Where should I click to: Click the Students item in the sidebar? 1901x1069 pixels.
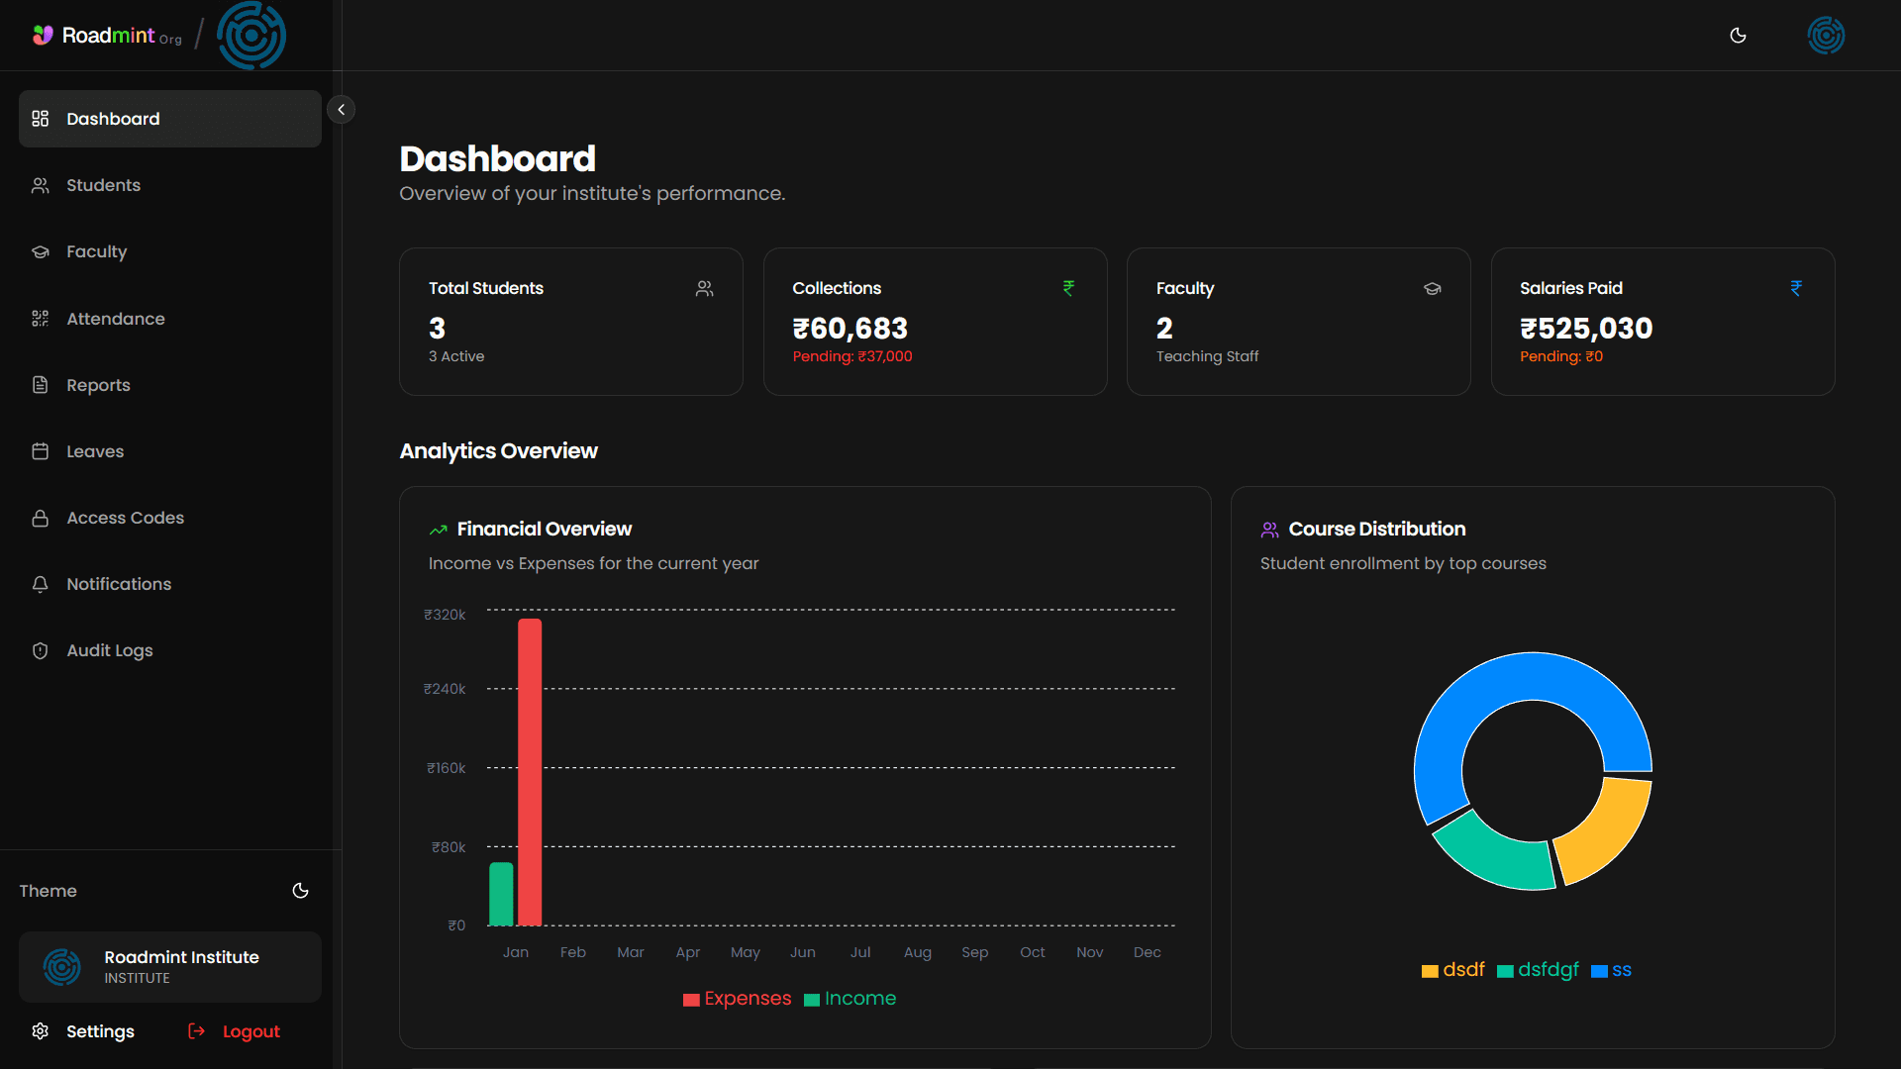(103, 185)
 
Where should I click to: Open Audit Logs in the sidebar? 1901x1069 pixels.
(109, 650)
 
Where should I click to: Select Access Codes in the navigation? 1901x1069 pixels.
(125, 518)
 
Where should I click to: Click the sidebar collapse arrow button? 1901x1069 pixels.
(341, 110)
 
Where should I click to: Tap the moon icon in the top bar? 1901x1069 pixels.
(1738, 36)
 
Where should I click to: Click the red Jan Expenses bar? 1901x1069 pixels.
(530, 772)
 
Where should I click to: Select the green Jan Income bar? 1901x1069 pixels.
(501, 894)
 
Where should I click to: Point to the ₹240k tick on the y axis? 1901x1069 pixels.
(445, 689)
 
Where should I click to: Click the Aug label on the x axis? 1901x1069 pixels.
(917, 952)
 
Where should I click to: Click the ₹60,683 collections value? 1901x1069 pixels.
(850, 329)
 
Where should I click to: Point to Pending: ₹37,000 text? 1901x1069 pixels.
(851, 356)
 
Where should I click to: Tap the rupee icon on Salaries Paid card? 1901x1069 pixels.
(1796, 288)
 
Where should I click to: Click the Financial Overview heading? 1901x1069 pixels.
(544, 530)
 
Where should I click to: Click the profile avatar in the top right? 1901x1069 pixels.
(1826, 36)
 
